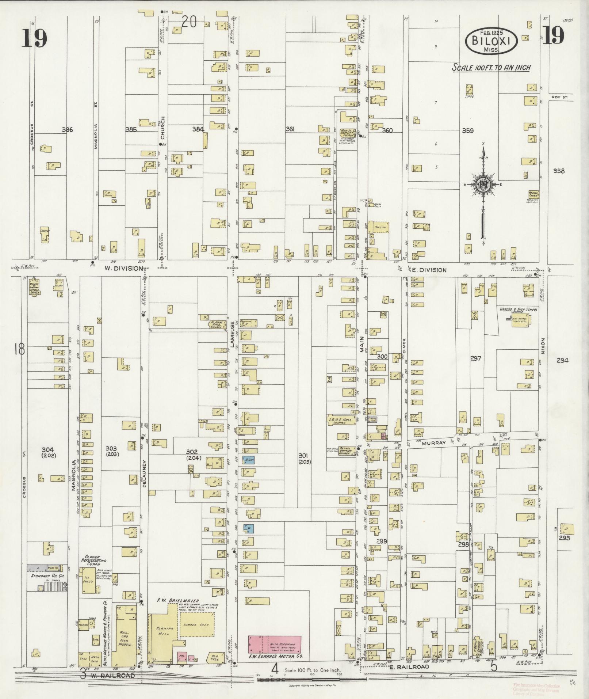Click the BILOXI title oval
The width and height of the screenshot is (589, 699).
[x=491, y=41]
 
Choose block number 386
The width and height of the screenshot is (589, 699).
[x=68, y=129]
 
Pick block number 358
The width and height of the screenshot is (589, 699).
[x=559, y=171]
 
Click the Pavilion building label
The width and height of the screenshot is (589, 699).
[x=380, y=227]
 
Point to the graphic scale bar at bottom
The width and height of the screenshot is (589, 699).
[x=312, y=680]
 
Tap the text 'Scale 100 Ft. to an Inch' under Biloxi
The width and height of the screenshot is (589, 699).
[x=491, y=68]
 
